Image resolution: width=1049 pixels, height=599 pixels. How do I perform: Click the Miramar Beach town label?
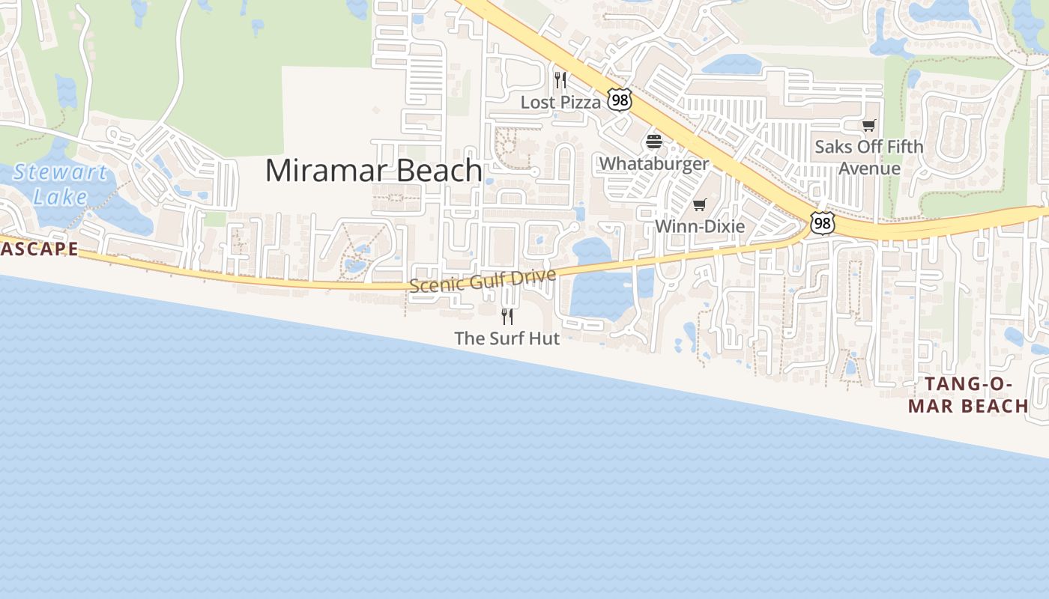coord(373,171)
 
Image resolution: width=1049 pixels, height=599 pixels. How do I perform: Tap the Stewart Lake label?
coord(60,184)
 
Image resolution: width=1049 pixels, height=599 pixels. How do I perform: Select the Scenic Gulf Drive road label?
coord(483,281)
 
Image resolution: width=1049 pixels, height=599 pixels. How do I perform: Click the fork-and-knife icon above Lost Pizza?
coord(560,79)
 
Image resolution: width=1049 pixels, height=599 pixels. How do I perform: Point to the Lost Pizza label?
coord(560,103)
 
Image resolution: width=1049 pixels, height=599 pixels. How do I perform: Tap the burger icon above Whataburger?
coord(654,142)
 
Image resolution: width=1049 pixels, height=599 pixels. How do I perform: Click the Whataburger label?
coord(654,163)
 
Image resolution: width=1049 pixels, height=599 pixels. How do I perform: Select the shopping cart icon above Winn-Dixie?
coord(700,204)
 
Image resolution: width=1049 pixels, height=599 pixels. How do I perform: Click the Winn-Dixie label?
coord(700,226)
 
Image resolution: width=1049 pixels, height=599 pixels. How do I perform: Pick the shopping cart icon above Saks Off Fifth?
coord(868,125)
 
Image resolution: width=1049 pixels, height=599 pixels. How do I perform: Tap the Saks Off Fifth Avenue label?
coord(869,157)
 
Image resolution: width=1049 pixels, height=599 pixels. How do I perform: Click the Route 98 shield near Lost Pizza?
coord(620,100)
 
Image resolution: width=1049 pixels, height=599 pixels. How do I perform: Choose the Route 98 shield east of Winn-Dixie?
coord(822,222)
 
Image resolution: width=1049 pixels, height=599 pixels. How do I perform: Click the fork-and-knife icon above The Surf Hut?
coord(507,316)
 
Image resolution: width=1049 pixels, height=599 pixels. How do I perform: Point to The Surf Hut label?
coord(507,338)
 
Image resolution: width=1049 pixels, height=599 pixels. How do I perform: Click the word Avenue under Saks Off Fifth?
coord(869,168)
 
